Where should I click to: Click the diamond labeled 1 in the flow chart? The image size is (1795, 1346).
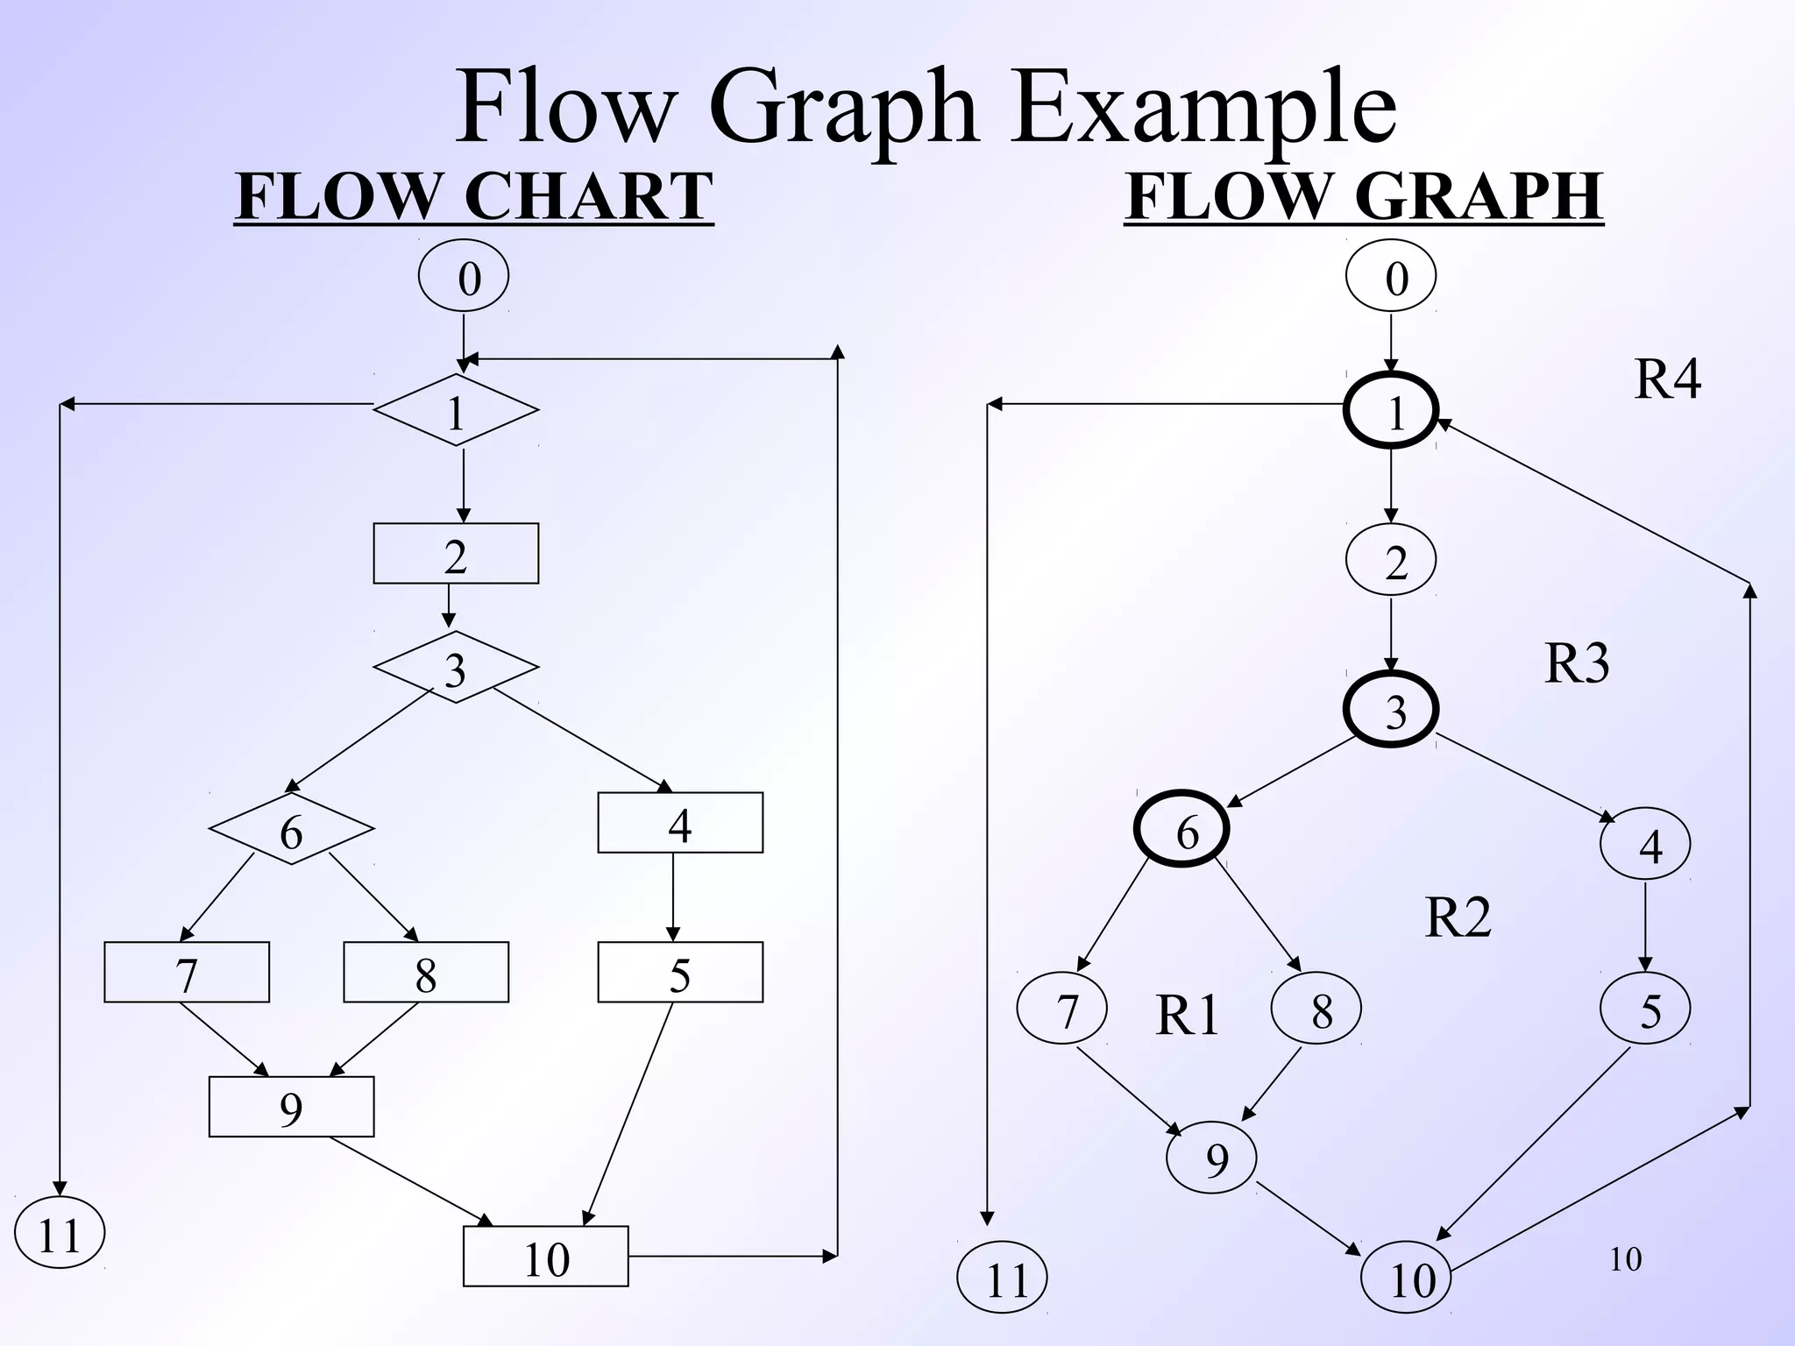coord(456,410)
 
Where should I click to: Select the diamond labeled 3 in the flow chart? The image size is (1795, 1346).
coord(456,668)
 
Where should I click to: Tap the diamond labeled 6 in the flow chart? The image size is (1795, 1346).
coord(291,829)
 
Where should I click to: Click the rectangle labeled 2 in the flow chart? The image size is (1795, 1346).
coord(456,554)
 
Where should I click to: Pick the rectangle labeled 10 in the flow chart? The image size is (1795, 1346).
coord(545,1257)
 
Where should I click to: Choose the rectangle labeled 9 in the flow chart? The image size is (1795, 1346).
coord(291,1107)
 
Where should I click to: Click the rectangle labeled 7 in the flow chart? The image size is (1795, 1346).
coord(187,972)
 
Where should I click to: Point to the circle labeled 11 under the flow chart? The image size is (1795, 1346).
coord(60,1233)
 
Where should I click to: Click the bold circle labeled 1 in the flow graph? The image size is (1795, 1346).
coord(1391,410)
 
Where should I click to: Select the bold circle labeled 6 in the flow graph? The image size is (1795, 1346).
coord(1181,829)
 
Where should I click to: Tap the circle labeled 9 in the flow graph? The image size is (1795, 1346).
coord(1211,1158)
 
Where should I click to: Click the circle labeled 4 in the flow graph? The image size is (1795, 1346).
coord(1645,844)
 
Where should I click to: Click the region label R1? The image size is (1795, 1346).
coord(1187,1016)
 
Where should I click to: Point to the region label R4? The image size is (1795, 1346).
coord(1667,379)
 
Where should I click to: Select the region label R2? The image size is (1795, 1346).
coord(1458,917)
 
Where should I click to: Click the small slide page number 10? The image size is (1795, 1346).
coord(1625,1259)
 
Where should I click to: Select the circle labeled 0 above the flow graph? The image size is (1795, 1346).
coord(1391,277)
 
